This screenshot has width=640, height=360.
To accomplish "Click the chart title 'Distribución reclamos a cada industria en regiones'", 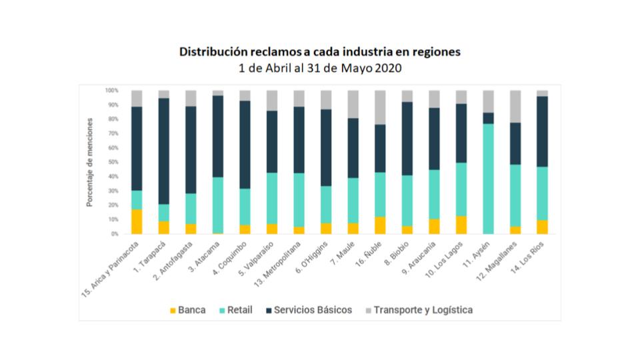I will point(319,52).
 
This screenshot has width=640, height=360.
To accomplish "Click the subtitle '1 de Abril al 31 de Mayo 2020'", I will point(319,67).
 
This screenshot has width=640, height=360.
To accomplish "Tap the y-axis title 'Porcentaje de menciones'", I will point(89,162).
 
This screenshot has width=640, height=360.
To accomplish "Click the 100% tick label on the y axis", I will point(111,90).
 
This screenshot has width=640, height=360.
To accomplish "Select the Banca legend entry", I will point(187,310).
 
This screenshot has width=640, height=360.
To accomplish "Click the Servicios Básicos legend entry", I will point(307,310).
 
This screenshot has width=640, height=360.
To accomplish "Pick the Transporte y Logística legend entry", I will point(417,310).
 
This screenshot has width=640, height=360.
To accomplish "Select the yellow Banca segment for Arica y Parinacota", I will point(137,221).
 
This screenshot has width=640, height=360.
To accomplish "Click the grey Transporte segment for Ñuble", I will point(380,107).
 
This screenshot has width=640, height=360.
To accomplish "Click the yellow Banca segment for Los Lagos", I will point(461,225).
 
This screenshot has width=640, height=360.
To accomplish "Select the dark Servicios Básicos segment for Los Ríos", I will point(542,131).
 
